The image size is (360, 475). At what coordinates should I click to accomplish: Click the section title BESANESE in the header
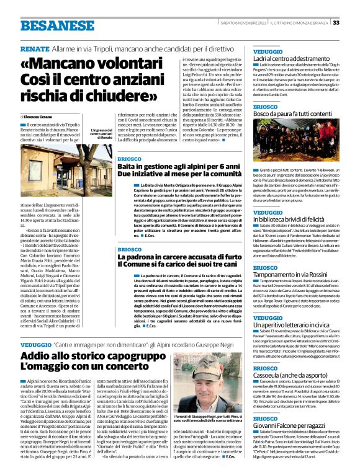coord(46,25)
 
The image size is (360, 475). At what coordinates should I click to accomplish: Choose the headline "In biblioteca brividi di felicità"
coord(294,220)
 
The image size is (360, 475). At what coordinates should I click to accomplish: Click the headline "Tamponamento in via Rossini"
coord(290,275)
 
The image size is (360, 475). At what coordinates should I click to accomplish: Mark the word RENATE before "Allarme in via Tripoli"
coord(34,48)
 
